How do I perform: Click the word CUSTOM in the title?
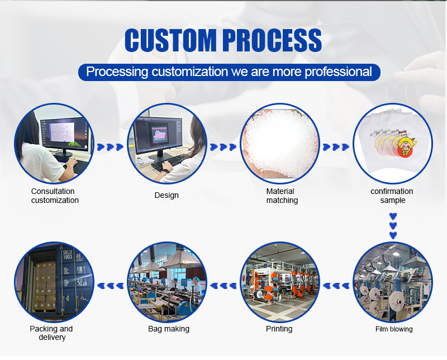pos(170,40)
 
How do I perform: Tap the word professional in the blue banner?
pos(339,72)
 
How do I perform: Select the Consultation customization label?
pos(55,196)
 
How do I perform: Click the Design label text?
pos(167,195)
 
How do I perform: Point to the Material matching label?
pos(282,196)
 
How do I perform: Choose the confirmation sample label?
pos(392,196)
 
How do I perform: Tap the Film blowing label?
pos(394,329)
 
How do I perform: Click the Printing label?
pos(279,329)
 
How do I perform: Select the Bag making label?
pos(169,329)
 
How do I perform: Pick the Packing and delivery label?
pos(51,333)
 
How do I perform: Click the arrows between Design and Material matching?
pos(223,147)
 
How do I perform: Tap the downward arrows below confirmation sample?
pos(393,226)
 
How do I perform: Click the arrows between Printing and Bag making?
pos(223,286)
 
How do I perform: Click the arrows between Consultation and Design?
pos(110,147)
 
